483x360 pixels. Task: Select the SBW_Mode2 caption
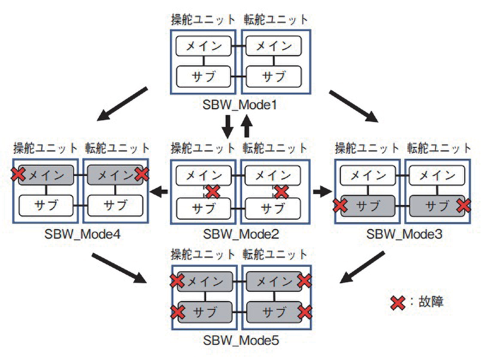[241, 235]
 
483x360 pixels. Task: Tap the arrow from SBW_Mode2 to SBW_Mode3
[323, 191]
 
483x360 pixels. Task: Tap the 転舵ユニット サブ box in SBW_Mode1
[273, 76]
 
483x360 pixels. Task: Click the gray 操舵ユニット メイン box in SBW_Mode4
[46, 175]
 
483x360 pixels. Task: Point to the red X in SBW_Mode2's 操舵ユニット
[212, 191]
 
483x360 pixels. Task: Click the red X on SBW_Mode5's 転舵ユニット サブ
[305, 312]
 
